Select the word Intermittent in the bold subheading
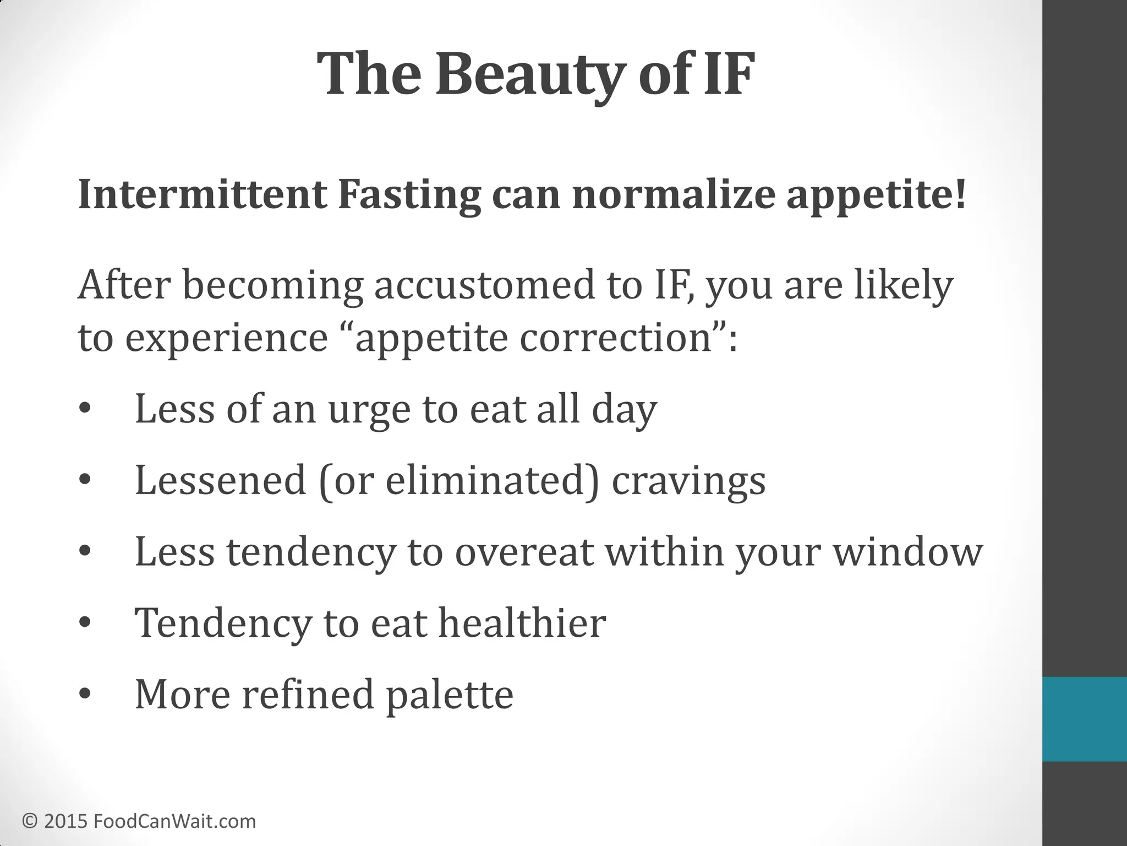(203, 195)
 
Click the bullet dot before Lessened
(84, 480)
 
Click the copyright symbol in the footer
(30, 821)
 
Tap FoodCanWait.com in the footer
(175, 821)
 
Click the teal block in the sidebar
(1084, 719)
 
